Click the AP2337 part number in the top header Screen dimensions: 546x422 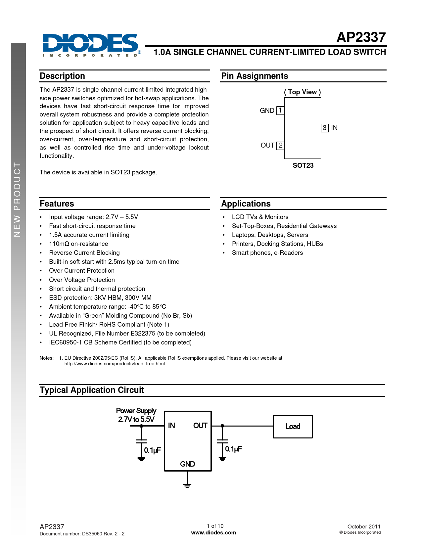point(361,38)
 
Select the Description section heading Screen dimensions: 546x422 point(62,76)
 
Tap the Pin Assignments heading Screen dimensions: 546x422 point(255,76)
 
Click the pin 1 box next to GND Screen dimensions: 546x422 point(280,111)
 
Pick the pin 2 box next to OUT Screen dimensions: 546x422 point(280,145)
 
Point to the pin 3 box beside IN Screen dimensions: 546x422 point(325,128)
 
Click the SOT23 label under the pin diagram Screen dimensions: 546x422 point(303,165)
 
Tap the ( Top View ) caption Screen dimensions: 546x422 point(302,92)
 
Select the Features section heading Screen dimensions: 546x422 point(57,204)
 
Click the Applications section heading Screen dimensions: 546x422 point(246,204)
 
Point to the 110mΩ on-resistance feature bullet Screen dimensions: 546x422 point(78,244)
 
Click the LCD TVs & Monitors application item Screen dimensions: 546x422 point(260,217)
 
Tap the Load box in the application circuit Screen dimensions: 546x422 point(293,427)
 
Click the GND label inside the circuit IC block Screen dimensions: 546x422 point(187,464)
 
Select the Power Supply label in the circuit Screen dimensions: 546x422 point(136,411)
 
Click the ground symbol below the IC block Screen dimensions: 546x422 point(187,485)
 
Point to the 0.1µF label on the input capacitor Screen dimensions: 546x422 point(152,450)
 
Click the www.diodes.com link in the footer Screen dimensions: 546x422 point(213,533)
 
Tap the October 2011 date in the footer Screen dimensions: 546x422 point(364,526)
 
